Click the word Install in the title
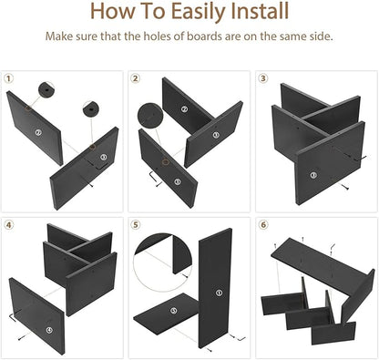[x=260, y=11]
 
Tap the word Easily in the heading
[x=199, y=12]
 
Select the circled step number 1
[x=9, y=78]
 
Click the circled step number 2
[x=136, y=78]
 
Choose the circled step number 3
[x=263, y=78]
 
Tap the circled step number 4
[x=9, y=225]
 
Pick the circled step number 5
[x=136, y=225]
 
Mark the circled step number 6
[x=263, y=225]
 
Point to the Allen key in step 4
[x=13, y=317]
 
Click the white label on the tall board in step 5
[x=219, y=293]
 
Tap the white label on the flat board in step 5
[x=173, y=311]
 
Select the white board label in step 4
[x=49, y=331]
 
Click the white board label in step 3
[x=313, y=175]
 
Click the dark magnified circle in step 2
[x=150, y=116]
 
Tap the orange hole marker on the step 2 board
[x=165, y=161]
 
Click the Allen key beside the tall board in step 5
[x=241, y=338]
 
